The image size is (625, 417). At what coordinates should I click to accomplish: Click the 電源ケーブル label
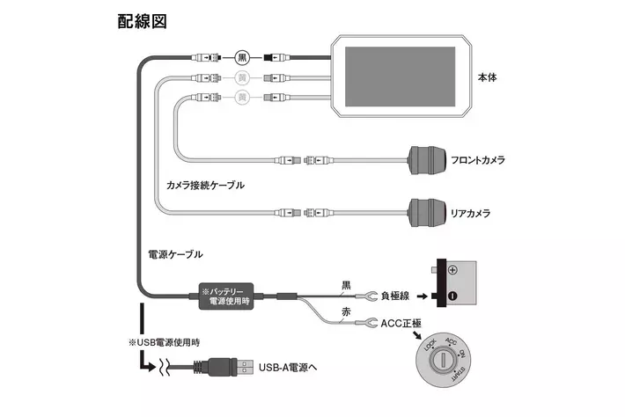coord(174,253)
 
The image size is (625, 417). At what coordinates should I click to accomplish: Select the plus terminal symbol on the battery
coord(452,270)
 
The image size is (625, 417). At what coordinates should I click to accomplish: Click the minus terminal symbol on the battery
coord(452,296)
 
